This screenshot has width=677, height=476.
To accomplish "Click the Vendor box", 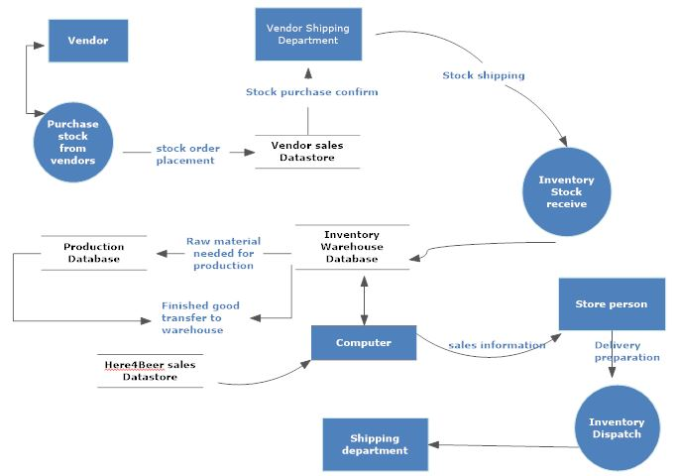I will click(x=87, y=41).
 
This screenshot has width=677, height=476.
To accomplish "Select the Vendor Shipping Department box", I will click(x=306, y=35).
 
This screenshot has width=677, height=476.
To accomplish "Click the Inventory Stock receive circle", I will click(x=566, y=191).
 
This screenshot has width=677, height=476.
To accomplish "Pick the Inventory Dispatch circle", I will click(x=617, y=428).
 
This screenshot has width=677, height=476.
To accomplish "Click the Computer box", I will click(x=364, y=343).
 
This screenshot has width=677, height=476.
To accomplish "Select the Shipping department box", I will click(x=375, y=444).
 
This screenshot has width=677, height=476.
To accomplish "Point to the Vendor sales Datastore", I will click(x=307, y=152).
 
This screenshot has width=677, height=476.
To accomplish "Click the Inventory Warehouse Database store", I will click(x=352, y=247).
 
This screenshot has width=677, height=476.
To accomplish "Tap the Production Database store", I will click(x=94, y=252).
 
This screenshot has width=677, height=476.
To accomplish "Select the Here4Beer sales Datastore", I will click(x=150, y=371).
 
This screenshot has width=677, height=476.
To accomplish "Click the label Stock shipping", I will click(x=484, y=75).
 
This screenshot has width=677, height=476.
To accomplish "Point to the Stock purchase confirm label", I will click(x=311, y=92).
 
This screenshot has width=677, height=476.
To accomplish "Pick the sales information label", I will click(x=497, y=345).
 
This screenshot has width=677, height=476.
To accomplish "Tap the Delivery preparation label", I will click(x=626, y=351).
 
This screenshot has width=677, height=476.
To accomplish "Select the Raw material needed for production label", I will click(x=223, y=253).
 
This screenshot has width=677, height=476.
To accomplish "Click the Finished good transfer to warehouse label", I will click(x=200, y=317).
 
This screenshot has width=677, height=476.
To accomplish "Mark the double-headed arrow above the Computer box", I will click(x=365, y=297).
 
